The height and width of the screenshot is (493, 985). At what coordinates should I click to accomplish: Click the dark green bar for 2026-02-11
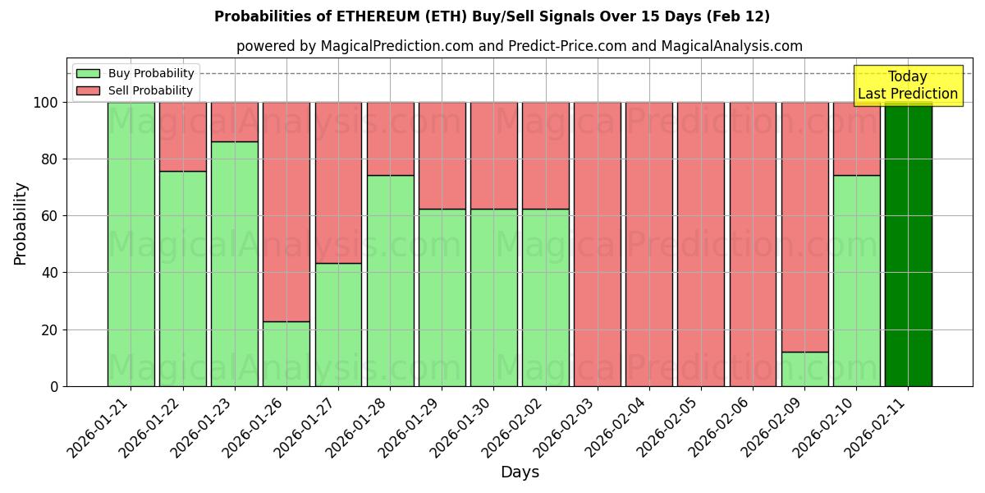tap(908, 244)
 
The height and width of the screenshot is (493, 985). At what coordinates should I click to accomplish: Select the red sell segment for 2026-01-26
tap(286, 211)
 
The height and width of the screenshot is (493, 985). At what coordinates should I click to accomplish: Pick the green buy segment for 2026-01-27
tap(338, 325)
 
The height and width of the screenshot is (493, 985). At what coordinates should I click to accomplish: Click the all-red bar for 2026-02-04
tap(649, 244)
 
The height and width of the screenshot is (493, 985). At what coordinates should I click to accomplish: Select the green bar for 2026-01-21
tap(131, 244)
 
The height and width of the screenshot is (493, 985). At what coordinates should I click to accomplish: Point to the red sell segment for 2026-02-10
tap(856, 138)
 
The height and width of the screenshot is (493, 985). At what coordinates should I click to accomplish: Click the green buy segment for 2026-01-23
tap(235, 264)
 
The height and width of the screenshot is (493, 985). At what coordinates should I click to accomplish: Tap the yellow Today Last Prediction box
tap(908, 85)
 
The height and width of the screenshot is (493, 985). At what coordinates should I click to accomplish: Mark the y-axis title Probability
tap(21, 223)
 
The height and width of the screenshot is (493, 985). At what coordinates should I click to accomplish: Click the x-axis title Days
tap(520, 472)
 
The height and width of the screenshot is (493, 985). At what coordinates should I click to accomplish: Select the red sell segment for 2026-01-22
tap(182, 136)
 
